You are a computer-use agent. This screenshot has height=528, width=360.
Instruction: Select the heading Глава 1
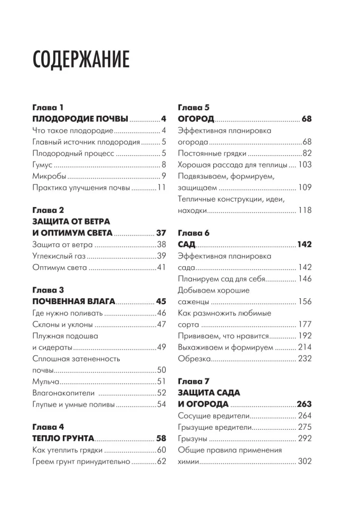tap(48, 107)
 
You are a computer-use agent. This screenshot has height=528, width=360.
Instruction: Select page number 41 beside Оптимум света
tap(162, 268)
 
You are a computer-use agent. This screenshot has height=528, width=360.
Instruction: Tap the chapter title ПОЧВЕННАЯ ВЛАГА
tap(73, 301)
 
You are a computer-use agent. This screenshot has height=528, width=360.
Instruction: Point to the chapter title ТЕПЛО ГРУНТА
tap(63, 438)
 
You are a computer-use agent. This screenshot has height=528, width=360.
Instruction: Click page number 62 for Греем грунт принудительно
tap(162, 461)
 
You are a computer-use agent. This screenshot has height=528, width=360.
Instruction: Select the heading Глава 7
tap(194, 381)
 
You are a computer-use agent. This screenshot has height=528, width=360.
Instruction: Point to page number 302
tap(305, 461)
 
